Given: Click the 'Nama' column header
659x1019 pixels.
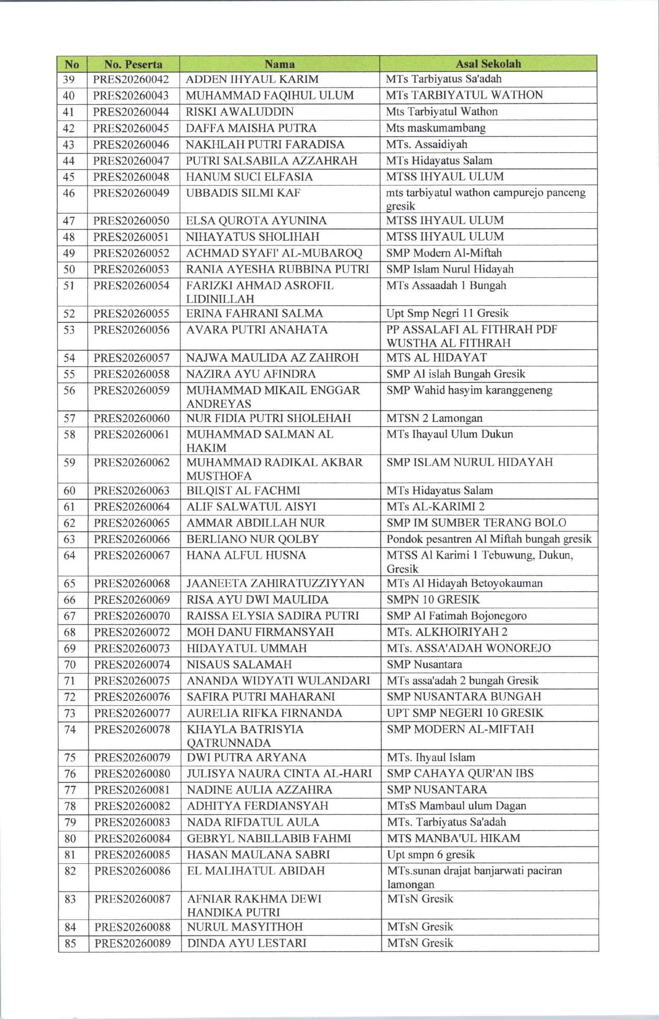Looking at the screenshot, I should coord(279,64).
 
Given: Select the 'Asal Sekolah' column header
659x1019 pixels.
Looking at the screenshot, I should coord(488,64).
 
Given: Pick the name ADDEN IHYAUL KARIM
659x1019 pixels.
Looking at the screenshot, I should coord(252,79).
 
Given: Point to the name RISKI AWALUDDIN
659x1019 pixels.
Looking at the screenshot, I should coord(240,112).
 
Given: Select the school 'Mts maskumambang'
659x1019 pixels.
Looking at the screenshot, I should coord(436,128).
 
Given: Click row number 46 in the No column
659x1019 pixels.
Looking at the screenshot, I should coord(69,193).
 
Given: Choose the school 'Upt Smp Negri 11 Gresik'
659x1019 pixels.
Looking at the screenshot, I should coord(447,313).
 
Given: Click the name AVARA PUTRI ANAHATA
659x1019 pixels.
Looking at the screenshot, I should coord(257,329).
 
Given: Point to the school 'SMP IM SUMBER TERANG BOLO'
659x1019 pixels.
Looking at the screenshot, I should coord(476,523).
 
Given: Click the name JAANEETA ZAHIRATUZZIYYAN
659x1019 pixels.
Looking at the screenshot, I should coord(275,583).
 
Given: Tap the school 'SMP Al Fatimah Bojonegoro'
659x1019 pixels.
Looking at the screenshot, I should coord(456,616).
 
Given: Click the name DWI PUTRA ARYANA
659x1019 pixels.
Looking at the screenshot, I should coord(246,757).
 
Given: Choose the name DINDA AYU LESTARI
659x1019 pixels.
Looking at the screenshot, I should coord(247,943).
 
